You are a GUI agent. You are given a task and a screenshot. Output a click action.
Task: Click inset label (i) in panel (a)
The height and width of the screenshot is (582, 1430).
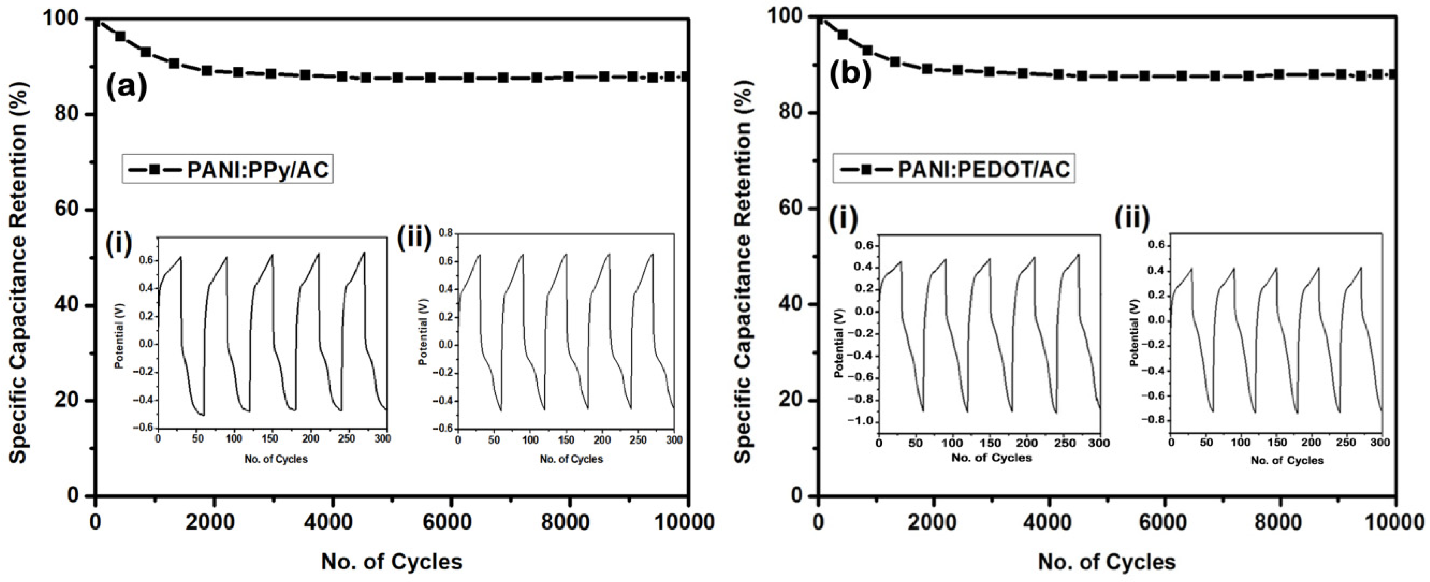[118, 244]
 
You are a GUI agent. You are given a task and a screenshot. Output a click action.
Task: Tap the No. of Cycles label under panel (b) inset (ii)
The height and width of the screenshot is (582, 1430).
[1287, 460]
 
